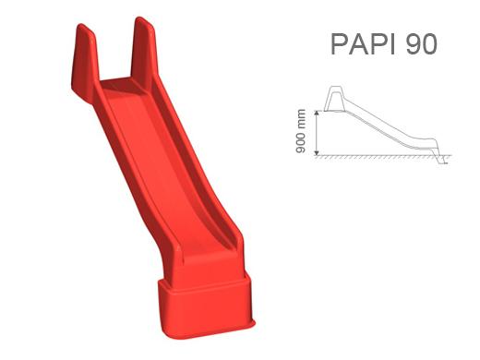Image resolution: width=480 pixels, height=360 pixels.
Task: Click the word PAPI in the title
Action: tap(363, 44)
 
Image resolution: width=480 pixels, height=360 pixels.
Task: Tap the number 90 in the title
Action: tap(421, 44)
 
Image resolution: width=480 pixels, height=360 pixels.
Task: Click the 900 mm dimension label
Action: tap(301, 131)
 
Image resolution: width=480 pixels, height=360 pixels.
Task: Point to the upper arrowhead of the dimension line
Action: tap(317, 114)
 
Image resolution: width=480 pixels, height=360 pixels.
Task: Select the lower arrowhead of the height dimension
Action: tap(317, 152)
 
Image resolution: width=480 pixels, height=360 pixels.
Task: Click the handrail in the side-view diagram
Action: tap(334, 98)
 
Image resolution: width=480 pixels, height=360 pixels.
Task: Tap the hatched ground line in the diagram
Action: tap(383, 156)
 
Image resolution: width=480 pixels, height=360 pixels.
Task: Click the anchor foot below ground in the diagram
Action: tap(443, 160)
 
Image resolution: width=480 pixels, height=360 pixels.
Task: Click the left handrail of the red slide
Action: tap(84, 62)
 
